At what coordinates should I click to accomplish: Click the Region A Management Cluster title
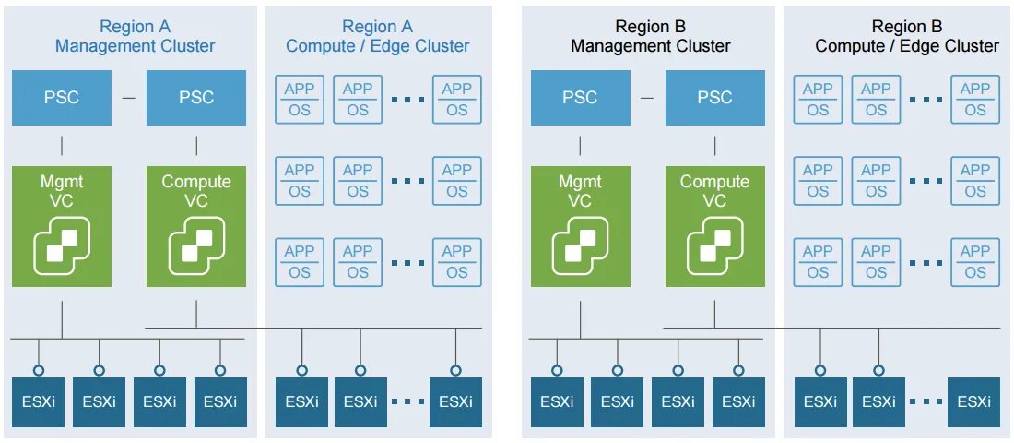(x=135, y=36)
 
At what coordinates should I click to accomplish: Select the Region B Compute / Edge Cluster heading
(x=906, y=36)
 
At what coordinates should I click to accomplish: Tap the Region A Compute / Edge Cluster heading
(x=377, y=36)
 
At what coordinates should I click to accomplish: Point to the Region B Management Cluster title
(x=650, y=36)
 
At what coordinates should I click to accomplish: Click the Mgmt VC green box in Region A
(x=62, y=226)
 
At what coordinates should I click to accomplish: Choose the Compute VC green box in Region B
(x=714, y=226)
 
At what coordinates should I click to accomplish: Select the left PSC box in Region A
(x=62, y=98)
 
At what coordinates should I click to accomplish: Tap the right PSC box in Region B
(x=714, y=98)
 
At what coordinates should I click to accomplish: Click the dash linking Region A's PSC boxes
(x=128, y=98)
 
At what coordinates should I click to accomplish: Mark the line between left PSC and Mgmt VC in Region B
(x=581, y=145)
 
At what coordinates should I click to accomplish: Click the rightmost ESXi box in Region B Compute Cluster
(x=973, y=401)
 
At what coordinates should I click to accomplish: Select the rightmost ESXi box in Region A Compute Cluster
(x=455, y=401)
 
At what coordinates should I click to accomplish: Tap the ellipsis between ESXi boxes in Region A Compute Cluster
(x=407, y=401)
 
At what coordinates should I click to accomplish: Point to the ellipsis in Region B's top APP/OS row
(x=926, y=100)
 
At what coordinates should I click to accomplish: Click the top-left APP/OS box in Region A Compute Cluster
(x=300, y=100)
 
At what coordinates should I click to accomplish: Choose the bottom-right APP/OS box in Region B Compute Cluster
(x=975, y=262)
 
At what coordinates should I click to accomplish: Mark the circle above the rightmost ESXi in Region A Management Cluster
(x=220, y=370)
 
